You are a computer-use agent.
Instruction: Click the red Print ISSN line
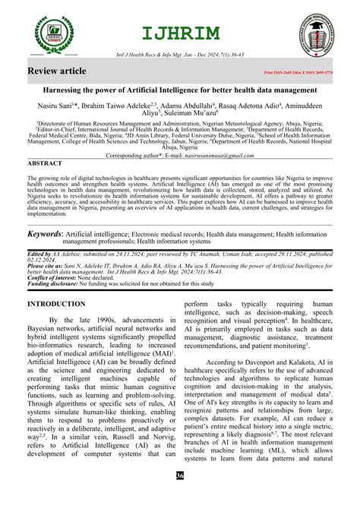point(297,74)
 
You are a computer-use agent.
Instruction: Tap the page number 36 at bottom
point(179,497)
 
